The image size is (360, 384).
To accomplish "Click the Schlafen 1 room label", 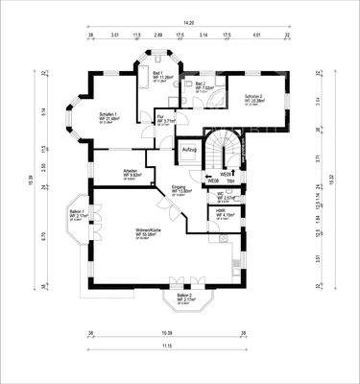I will click(x=108, y=116).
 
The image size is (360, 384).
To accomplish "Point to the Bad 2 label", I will click(x=202, y=86).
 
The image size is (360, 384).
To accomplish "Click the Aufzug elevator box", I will click(x=189, y=150).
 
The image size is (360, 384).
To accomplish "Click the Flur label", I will click(x=164, y=120).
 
